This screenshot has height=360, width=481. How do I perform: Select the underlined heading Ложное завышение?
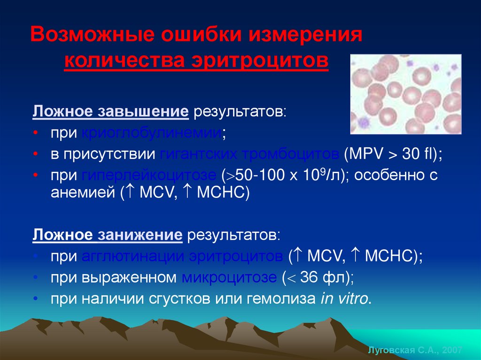[x=110, y=113]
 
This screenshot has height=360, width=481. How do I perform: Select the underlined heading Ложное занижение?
[x=107, y=235]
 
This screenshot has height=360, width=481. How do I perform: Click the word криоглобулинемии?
[x=151, y=133]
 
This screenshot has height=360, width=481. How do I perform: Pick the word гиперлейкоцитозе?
[x=149, y=176]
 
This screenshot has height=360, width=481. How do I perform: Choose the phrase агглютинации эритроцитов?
[x=182, y=256]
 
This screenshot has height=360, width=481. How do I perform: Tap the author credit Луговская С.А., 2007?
[x=414, y=351]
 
